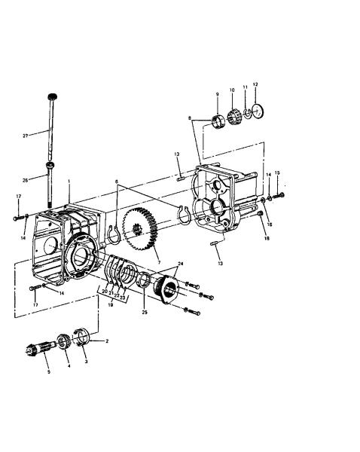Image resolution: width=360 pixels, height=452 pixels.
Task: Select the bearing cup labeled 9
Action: point(218,120)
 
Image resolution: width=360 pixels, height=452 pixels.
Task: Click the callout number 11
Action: point(245,87)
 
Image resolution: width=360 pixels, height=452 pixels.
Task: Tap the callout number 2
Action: point(107,341)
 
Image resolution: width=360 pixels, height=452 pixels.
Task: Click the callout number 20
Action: point(105,290)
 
